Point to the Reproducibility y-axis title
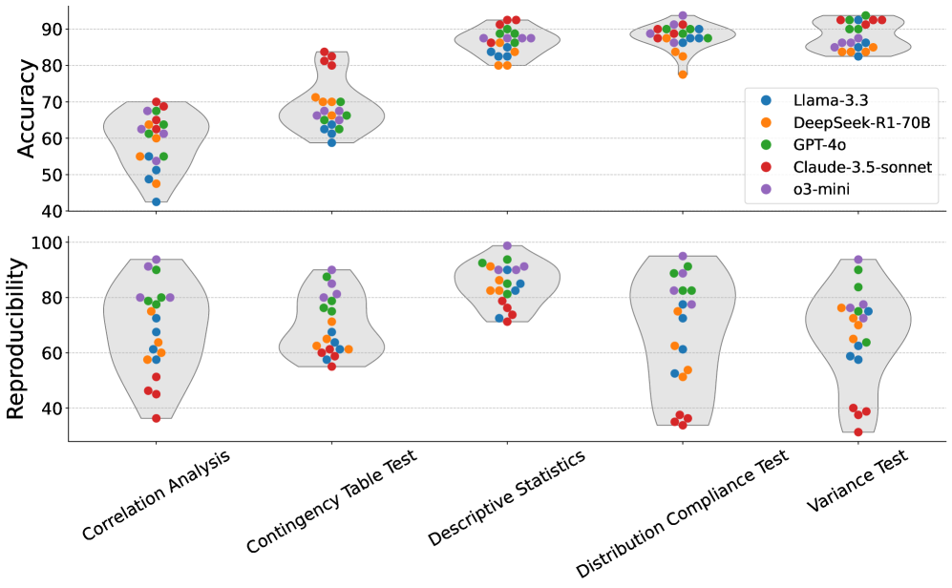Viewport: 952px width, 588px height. (x=16, y=338)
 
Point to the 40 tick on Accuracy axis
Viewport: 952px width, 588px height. (x=53, y=212)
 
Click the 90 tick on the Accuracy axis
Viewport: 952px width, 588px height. (x=53, y=29)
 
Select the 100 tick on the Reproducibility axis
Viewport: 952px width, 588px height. (x=49, y=242)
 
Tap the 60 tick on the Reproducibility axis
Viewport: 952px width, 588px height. (x=53, y=353)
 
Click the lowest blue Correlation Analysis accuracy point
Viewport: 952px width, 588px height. (x=156, y=201)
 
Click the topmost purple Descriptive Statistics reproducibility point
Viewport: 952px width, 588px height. (x=507, y=246)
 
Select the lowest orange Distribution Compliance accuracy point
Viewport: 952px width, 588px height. (x=683, y=73)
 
